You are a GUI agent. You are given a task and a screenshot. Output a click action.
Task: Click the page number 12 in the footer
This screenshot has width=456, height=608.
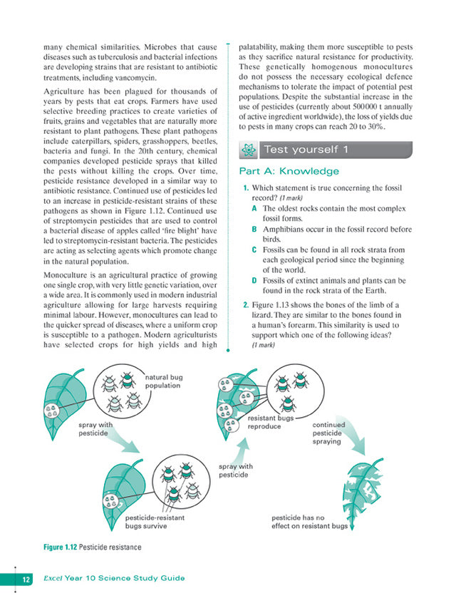coord(25,578)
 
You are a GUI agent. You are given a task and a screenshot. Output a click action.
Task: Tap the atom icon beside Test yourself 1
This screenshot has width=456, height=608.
coord(247,150)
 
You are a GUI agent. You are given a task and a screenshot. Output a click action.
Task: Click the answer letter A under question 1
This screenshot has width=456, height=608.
coord(254,207)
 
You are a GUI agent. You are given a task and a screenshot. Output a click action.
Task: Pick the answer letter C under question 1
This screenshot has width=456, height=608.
coord(254,250)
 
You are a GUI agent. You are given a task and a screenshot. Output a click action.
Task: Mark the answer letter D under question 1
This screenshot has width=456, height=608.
coord(254,280)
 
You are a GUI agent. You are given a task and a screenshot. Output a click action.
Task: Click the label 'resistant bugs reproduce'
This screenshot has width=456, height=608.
coord(270,423)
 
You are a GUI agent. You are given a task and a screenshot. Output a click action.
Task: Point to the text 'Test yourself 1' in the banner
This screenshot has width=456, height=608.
coord(306,150)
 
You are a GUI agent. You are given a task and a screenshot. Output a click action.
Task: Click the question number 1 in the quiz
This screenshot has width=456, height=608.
coord(246,188)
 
